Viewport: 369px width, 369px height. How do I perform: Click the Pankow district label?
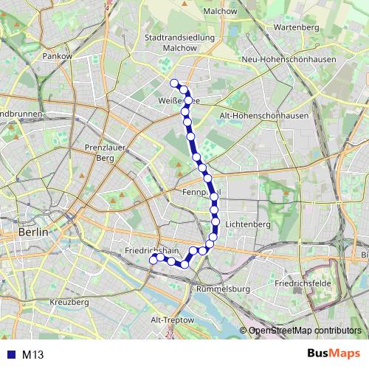(x=56, y=55)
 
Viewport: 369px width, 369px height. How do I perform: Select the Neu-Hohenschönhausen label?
(x=289, y=59)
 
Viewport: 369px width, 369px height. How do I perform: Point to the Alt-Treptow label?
(x=171, y=320)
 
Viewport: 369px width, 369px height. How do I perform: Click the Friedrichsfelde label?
(x=299, y=283)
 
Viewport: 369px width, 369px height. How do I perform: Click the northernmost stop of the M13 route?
(x=174, y=83)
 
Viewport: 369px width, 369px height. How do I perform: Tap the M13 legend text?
(x=32, y=354)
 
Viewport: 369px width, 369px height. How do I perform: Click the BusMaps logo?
(x=333, y=354)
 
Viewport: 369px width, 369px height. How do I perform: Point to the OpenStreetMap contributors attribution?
(x=304, y=331)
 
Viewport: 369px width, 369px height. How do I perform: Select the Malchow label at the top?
(x=220, y=12)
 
